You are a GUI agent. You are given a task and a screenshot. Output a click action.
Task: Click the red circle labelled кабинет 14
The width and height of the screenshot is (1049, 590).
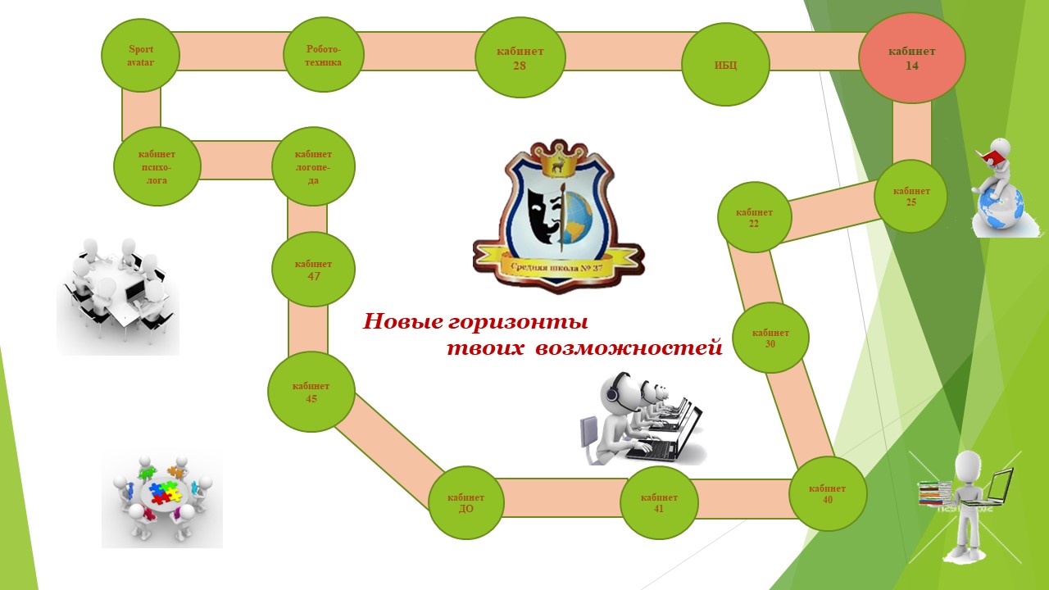click(x=911, y=58)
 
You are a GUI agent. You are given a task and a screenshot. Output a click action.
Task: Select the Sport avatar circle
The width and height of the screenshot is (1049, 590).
click(x=140, y=56)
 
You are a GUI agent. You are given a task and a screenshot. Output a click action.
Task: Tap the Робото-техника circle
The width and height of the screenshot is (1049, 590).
click(x=324, y=56)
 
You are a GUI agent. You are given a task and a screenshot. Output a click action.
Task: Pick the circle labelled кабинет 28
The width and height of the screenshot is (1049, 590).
click(x=520, y=58)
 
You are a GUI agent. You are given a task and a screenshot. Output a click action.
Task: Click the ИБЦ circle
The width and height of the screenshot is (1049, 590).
click(x=725, y=65)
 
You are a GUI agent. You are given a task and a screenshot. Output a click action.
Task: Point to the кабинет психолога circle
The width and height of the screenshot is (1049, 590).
click(x=157, y=167)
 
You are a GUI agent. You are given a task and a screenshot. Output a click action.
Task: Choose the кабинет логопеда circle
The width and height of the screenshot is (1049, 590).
click(x=313, y=166)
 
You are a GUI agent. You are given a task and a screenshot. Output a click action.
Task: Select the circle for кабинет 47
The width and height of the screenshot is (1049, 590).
click(x=313, y=270)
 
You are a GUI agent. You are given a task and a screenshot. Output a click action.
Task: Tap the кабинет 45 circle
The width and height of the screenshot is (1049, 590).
click(x=311, y=393)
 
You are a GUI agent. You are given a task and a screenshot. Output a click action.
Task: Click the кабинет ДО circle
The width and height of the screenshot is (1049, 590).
click(x=466, y=502)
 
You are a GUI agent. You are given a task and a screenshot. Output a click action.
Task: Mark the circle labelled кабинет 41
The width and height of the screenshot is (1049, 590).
click(x=659, y=502)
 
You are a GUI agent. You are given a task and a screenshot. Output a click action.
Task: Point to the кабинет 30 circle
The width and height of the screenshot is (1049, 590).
click(x=770, y=338)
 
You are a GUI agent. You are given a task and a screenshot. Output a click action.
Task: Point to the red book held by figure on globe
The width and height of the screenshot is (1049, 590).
click(x=992, y=156)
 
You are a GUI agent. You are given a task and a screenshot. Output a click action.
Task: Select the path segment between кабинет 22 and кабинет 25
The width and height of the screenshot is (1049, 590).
click(x=833, y=210)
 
